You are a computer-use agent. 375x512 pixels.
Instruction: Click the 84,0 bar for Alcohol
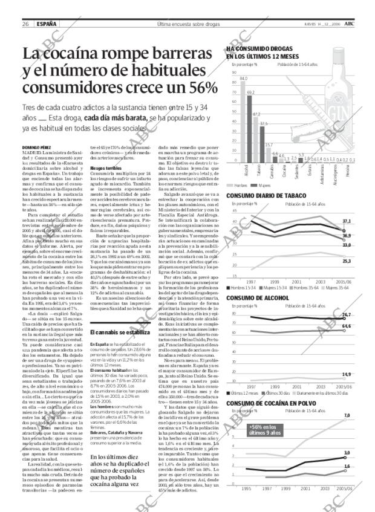(x=243, y=121)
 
